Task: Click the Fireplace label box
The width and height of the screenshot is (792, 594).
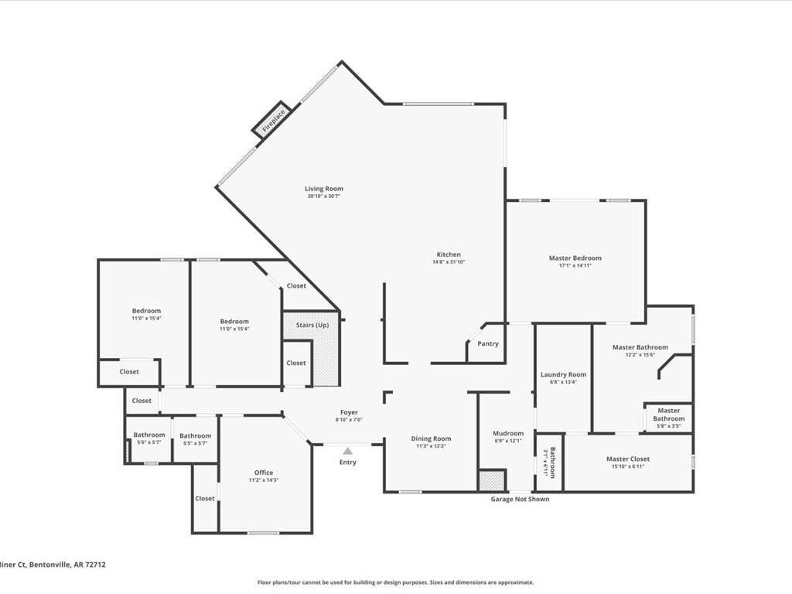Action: pyautogui.click(x=273, y=121)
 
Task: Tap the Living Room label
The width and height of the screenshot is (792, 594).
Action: pyautogui.click(x=323, y=189)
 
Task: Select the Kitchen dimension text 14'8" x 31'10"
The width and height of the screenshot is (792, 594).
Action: pyautogui.click(x=449, y=262)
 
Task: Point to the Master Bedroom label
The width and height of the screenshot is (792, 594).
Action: pyautogui.click(x=575, y=258)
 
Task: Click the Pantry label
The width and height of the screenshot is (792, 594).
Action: pyautogui.click(x=488, y=343)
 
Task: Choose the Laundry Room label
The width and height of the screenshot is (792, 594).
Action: pyautogui.click(x=563, y=374)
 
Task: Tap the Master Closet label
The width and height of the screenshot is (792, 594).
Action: pyautogui.click(x=627, y=459)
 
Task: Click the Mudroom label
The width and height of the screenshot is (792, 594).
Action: pyautogui.click(x=508, y=433)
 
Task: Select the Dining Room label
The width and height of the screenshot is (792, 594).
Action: pyautogui.click(x=430, y=439)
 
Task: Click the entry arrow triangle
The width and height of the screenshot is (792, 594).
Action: pyautogui.click(x=348, y=451)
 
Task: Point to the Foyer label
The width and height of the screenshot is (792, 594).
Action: pyautogui.click(x=349, y=412)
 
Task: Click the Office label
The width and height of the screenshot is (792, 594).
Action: pyautogui.click(x=264, y=473)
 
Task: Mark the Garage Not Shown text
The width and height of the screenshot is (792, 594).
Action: pyautogui.click(x=520, y=499)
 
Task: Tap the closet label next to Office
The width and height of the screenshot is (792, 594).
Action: pyautogui.click(x=205, y=498)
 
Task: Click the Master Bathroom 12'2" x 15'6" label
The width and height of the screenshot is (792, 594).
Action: pyautogui.click(x=640, y=347)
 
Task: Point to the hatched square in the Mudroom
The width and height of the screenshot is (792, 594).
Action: pyautogui.click(x=491, y=480)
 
